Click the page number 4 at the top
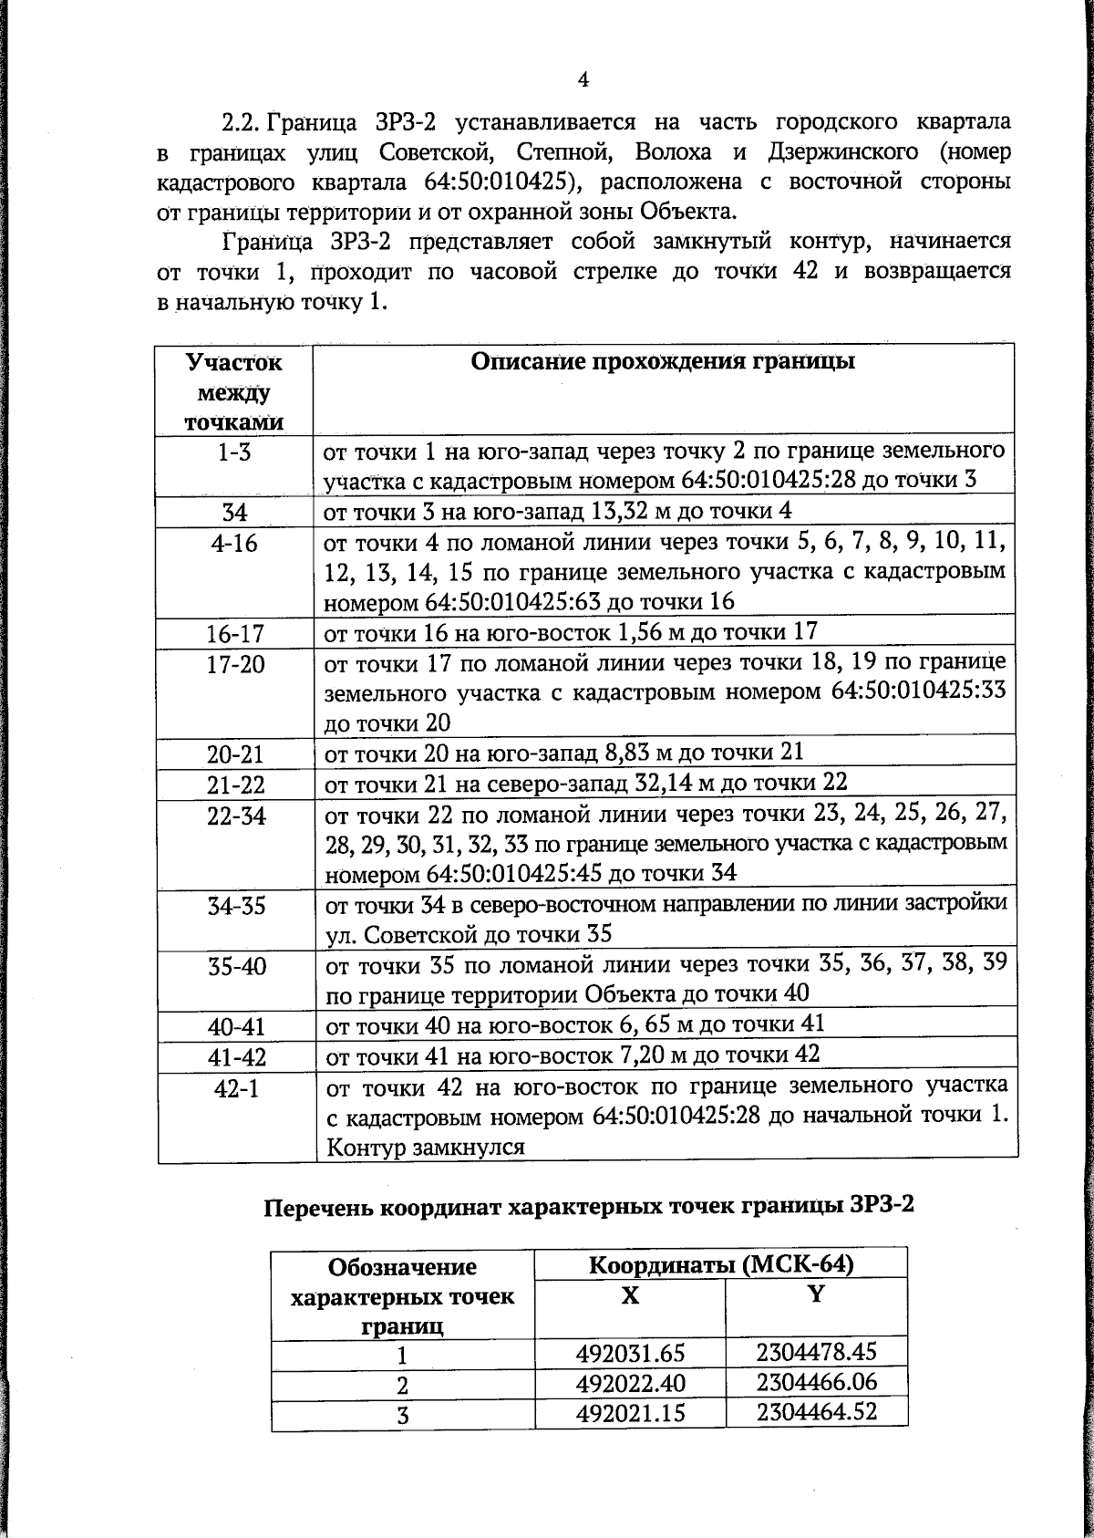tap(583, 79)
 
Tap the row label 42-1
tap(235, 1088)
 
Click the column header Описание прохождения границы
tap(663, 361)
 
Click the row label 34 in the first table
tap(235, 513)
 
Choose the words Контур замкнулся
tap(425, 1147)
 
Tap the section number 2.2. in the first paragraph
tap(243, 122)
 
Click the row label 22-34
tap(235, 816)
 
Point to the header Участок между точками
tap(234, 391)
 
